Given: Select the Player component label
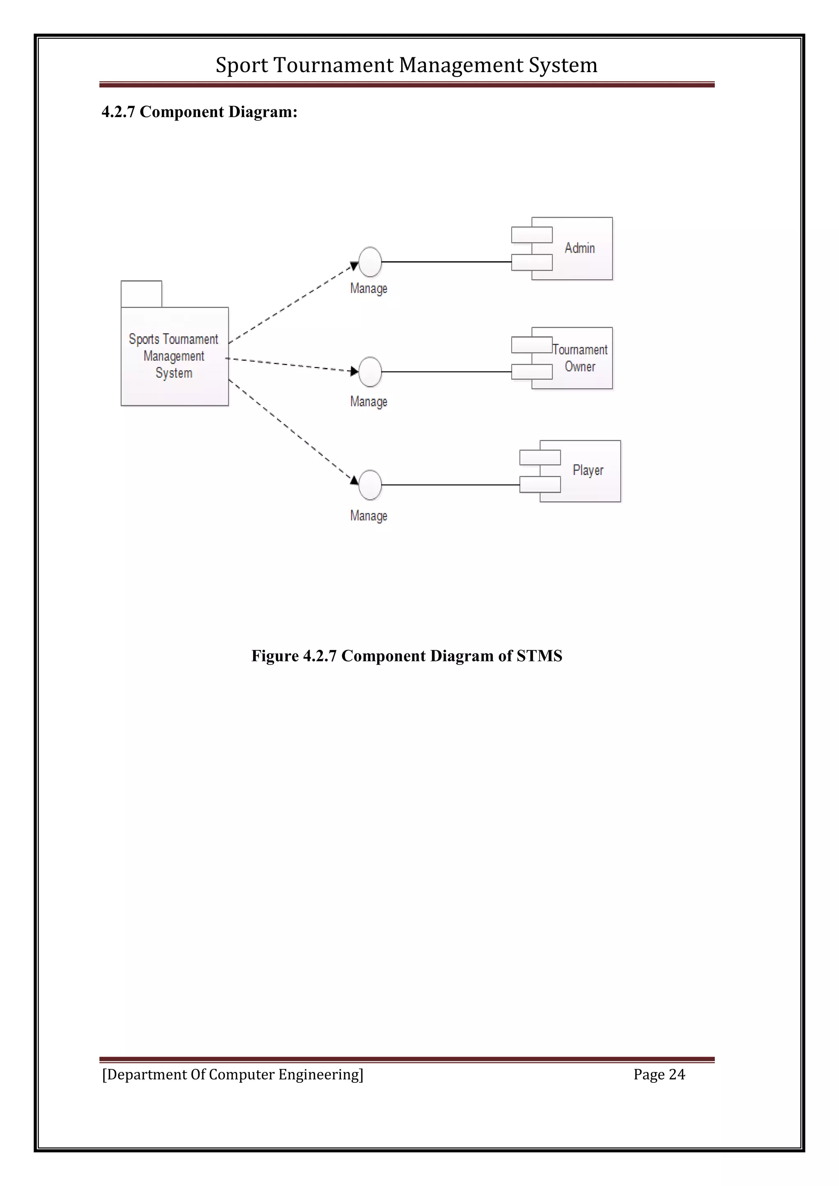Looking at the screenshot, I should (x=587, y=470).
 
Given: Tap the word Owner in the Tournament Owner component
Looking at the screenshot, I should (x=580, y=367).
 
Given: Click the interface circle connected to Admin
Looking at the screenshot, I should (x=370, y=262).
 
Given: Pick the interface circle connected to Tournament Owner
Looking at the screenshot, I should (x=370, y=372).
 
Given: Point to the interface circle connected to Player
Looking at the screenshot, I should (x=370, y=485).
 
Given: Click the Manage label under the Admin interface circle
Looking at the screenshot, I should (x=368, y=288).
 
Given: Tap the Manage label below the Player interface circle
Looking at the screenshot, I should (x=368, y=516).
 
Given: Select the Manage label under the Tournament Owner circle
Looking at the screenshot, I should (x=368, y=401).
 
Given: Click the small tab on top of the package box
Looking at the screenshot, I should (x=141, y=294).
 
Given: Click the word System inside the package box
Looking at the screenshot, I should (x=174, y=373).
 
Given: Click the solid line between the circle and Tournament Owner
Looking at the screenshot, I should (x=447, y=372).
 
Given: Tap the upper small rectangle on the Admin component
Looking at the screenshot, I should (x=532, y=235).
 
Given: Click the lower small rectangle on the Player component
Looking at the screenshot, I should (x=540, y=484).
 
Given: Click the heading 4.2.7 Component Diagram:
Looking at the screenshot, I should (x=200, y=112).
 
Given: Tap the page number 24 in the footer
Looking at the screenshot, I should (x=677, y=1075).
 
